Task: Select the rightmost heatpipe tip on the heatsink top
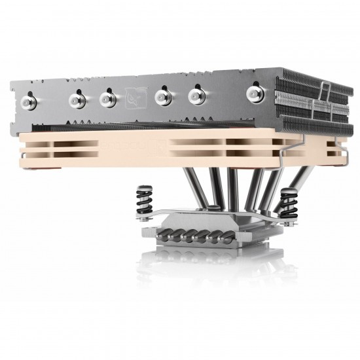(252, 94)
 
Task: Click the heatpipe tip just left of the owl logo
(107, 98)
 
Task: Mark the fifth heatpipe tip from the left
(195, 96)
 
